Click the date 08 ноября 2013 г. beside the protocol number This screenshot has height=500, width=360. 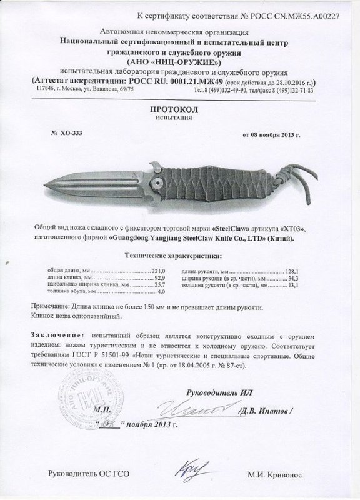click(275, 134)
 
